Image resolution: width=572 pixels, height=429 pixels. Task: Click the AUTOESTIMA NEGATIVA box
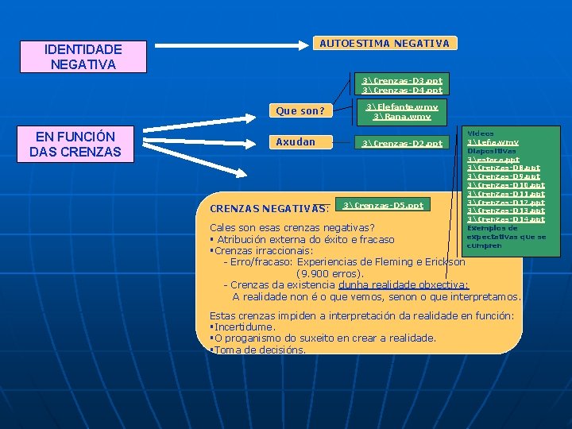(x=384, y=44)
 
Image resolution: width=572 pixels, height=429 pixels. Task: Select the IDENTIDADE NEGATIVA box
(x=83, y=56)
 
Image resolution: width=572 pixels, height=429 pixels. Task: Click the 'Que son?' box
(x=300, y=111)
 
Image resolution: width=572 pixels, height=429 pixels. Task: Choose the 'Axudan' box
(x=296, y=142)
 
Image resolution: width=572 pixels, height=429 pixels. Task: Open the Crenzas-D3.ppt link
(x=403, y=80)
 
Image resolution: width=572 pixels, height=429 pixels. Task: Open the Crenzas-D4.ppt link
(x=403, y=90)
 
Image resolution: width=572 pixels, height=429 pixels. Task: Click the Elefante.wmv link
(x=401, y=106)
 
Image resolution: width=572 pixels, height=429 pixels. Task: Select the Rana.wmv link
(x=401, y=116)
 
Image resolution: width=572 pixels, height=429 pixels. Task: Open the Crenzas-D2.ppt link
(x=401, y=143)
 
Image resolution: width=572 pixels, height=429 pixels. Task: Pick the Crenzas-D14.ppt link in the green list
(x=506, y=218)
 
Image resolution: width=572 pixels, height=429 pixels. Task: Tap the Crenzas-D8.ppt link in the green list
(x=504, y=168)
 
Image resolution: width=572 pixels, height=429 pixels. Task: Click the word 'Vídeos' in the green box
(x=481, y=133)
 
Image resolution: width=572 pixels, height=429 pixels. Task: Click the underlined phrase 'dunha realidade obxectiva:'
(x=404, y=284)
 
